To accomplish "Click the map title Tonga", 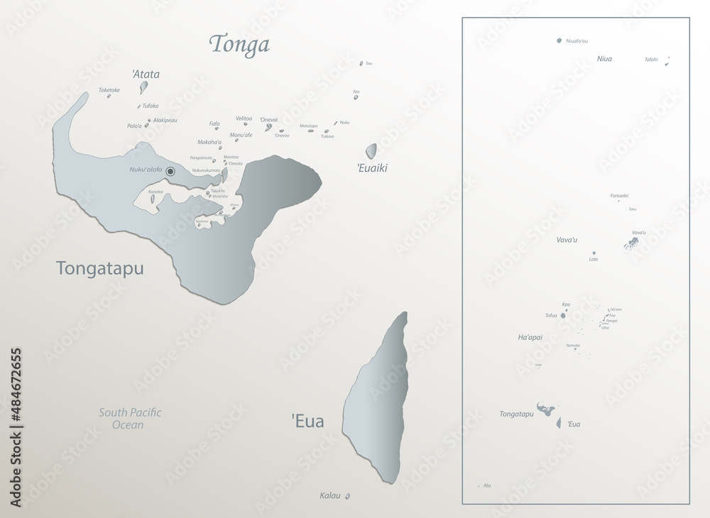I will (239, 45).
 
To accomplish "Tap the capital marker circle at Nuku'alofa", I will (170, 171).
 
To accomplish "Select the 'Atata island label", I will (146, 74).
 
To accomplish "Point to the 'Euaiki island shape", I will (371, 150).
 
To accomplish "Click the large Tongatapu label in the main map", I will (99, 268).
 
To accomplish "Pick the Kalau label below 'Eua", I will (330, 495).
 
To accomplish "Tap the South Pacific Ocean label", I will (130, 419).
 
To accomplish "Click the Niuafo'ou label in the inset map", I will (577, 41).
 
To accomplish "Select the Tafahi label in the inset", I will (651, 60).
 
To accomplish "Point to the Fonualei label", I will (619, 195).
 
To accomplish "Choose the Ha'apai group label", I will (530, 337).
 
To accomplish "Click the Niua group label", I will (604, 59).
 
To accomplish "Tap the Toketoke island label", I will (109, 90).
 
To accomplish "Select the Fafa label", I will (214, 123).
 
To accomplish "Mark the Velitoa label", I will (244, 119).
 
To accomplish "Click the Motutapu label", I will (308, 126).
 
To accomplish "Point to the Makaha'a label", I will (209, 142).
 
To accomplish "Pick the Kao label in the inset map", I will (566, 304).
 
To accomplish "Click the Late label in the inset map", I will (594, 259).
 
